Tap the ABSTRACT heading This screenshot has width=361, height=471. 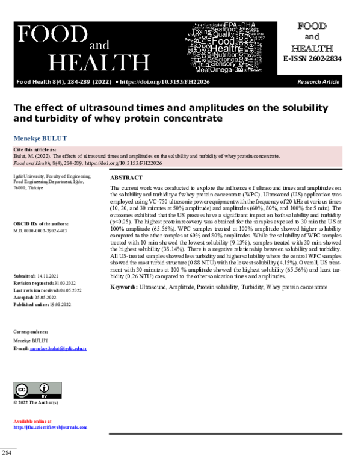[x=126, y=178]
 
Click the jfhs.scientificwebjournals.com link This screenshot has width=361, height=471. [x=51, y=427]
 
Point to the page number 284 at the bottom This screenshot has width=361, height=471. [x=7, y=452]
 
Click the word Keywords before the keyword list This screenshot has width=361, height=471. [x=123, y=287]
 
